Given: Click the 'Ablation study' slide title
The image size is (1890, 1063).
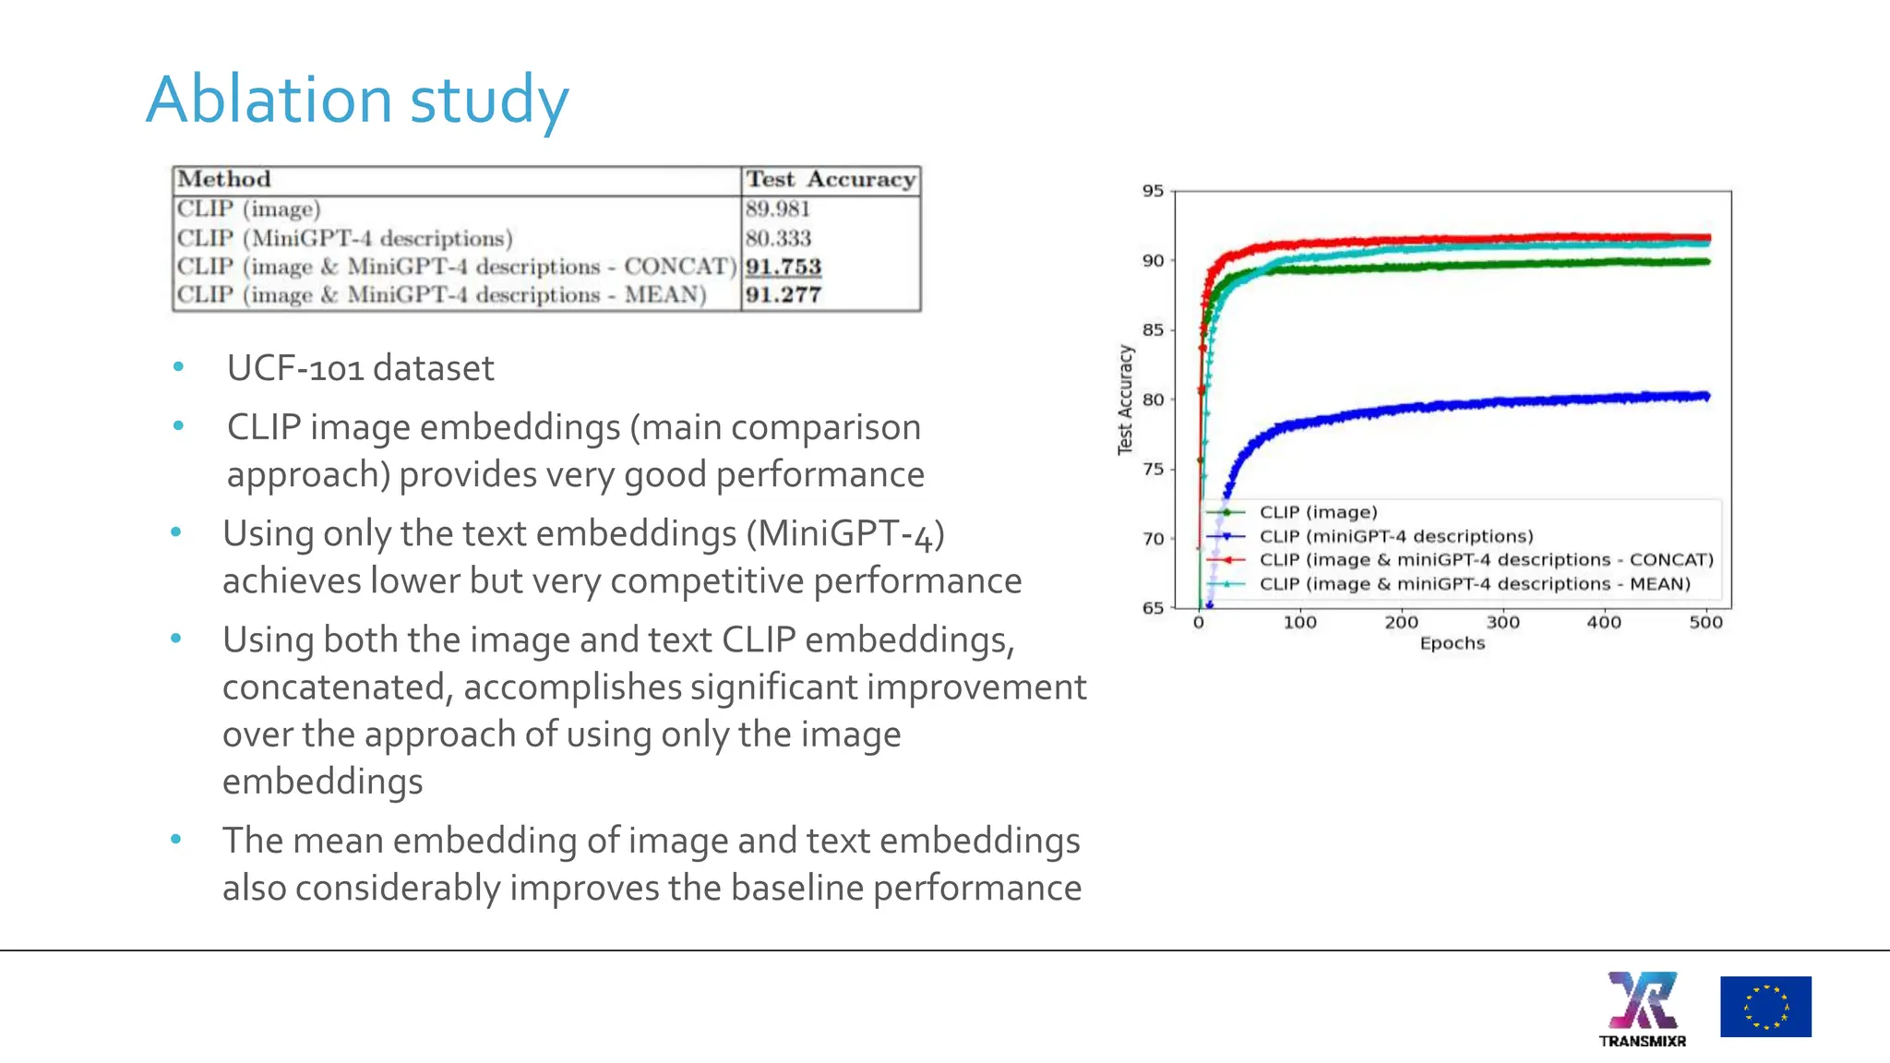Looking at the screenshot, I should click(x=357, y=100).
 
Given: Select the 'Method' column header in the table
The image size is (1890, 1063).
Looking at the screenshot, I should click(x=224, y=179).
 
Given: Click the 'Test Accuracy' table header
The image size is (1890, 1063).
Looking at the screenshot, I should click(x=831, y=179).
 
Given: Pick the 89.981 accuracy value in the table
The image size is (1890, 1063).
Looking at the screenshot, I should click(x=778, y=209).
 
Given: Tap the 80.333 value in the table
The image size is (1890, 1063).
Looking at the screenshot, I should click(x=778, y=238).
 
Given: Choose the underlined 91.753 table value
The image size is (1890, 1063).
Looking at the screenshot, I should click(x=783, y=267).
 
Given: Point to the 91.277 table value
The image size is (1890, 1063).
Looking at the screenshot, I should click(x=783, y=295).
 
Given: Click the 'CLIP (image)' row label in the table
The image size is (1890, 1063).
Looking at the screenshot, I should click(x=249, y=209).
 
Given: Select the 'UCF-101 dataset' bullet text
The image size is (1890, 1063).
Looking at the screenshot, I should click(x=360, y=368).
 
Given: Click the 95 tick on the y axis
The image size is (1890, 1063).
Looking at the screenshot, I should click(x=1154, y=191).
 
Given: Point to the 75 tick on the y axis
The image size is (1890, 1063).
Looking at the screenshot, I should click(x=1154, y=469).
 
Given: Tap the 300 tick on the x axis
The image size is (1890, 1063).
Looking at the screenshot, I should click(x=1503, y=623).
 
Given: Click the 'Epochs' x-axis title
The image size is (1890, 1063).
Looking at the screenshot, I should click(x=1453, y=643).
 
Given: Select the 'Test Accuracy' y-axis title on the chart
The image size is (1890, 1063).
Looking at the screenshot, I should click(x=1125, y=400).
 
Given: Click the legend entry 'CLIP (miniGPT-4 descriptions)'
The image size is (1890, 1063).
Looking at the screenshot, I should click(x=1396, y=536).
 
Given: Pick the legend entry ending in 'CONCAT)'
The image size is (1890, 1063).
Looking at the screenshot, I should click(x=1486, y=560).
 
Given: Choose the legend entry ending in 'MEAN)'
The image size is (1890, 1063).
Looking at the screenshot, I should click(x=1475, y=584).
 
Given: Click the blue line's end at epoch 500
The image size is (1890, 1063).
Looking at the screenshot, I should click(x=1706, y=397).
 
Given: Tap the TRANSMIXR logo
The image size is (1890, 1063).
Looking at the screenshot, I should click(x=1643, y=1009).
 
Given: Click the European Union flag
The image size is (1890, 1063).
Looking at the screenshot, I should click(x=1765, y=1007).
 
